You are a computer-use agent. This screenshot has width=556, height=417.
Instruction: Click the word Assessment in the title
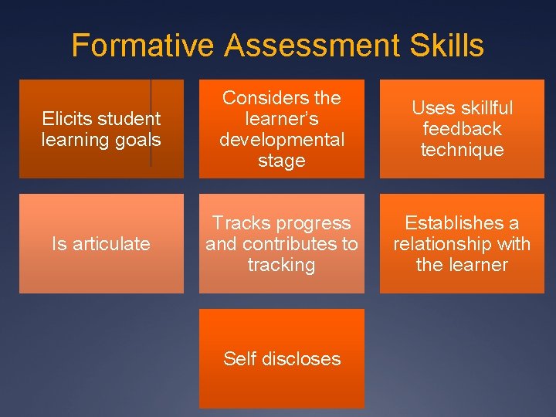tap(310, 46)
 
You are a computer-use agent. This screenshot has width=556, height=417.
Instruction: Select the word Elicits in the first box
tap(65, 119)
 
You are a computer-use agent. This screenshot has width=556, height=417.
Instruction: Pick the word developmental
tap(282, 140)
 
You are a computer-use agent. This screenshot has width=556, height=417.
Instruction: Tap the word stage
tap(282, 161)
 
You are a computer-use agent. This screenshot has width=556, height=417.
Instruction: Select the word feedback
tap(462, 129)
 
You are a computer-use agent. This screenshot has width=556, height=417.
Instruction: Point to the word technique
tap(462, 150)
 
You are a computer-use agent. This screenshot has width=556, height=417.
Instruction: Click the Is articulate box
tap(101, 244)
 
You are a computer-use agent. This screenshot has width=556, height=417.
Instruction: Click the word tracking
tap(282, 265)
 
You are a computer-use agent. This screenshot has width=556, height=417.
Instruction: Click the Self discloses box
tap(282, 358)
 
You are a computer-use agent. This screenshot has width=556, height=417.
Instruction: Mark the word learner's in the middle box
tap(282, 119)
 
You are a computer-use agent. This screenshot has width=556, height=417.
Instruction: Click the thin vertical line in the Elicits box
tap(151, 124)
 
